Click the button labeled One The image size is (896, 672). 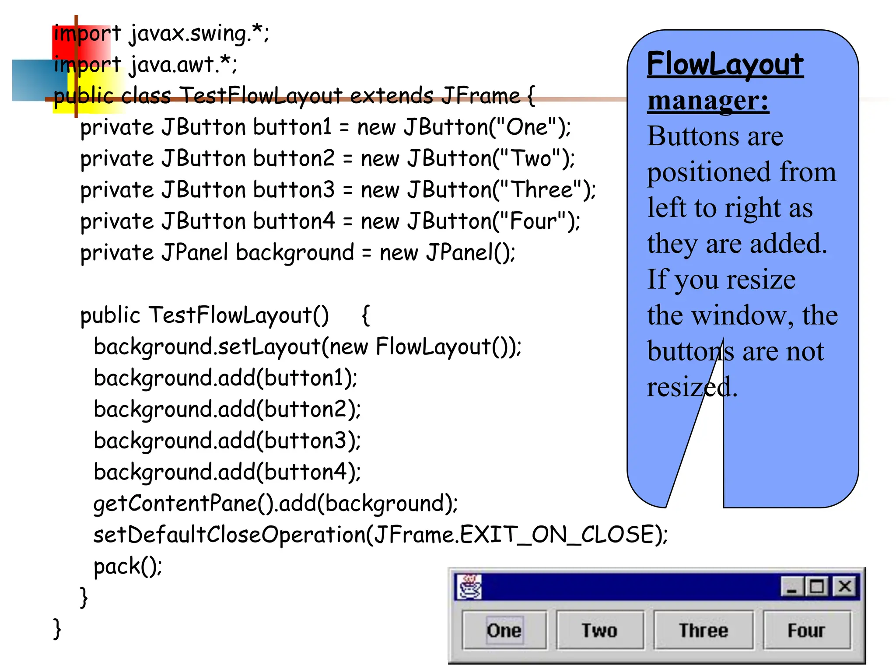504,630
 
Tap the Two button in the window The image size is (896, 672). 600,630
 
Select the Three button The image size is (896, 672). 703,630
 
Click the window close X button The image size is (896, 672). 845,586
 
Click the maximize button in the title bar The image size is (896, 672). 817,586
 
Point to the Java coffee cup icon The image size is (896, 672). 469,587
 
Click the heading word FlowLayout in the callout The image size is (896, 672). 725,64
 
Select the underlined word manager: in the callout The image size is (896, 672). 708,101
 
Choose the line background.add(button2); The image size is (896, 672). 227,409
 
